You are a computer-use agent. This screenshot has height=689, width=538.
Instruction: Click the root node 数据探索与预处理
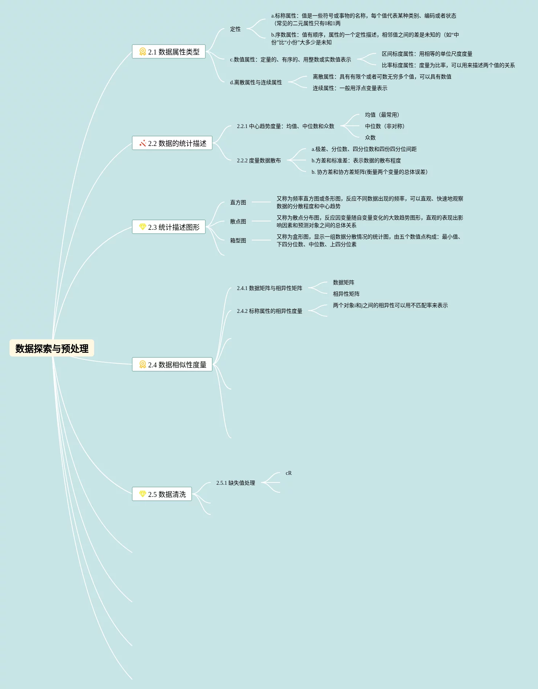pos(52,348)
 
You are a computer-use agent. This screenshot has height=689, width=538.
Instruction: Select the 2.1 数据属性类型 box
pos(169,52)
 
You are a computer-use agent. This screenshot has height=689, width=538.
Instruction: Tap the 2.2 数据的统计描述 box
pos(172,143)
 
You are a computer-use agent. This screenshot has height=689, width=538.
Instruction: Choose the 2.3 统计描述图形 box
pos(169,227)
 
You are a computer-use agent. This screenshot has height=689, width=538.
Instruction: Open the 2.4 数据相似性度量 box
pos(172,365)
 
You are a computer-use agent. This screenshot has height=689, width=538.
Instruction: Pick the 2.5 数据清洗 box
pos(162,494)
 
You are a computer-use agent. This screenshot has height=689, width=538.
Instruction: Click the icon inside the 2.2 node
pos(143,143)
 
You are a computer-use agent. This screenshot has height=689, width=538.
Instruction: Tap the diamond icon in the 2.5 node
pos(143,494)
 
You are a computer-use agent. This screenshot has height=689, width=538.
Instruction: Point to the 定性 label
pos(235,29)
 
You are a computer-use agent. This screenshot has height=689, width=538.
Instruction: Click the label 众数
pos(370,138)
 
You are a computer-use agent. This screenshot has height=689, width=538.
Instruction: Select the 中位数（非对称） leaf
pos(385,126)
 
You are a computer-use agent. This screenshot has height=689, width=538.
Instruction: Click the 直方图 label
pos(238,202)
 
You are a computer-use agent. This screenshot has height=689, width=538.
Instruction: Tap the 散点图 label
pos(238,221)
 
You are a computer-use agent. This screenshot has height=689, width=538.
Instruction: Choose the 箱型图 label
pos(238,240)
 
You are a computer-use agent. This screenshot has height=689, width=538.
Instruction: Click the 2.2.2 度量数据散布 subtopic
pos(259,160)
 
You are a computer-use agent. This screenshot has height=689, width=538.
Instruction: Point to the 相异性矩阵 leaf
pos(346,294)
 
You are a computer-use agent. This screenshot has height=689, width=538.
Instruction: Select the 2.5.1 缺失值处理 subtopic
pos(235,483)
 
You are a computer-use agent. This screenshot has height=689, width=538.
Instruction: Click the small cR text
pos(288,473)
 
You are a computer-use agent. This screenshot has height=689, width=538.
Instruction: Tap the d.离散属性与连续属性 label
pos(256,82)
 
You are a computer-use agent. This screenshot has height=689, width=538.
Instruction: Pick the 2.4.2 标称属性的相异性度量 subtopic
pos(269,311)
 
